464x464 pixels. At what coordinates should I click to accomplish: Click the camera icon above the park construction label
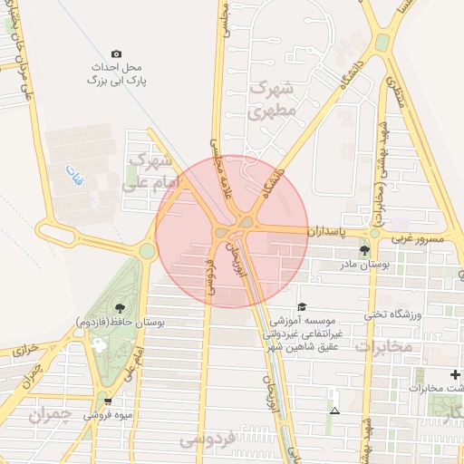[x=116, y=54]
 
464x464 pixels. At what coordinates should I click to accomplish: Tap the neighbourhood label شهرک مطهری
[x=270, y=101]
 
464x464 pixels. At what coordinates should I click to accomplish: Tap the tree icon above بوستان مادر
[x=364, y=251]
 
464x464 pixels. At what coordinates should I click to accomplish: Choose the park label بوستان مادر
[x=362, y=266]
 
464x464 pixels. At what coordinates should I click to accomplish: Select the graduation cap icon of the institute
[x=302, y=307]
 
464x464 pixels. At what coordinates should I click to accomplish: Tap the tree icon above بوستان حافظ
[x=121, y=309]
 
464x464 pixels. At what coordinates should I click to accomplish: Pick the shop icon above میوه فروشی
[x=108, y=400]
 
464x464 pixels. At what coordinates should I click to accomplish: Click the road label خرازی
[x=28, y=347]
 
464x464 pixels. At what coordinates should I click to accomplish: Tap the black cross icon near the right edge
[x=455, y=374]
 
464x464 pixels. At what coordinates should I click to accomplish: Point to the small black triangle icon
[x=335, y=411]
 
